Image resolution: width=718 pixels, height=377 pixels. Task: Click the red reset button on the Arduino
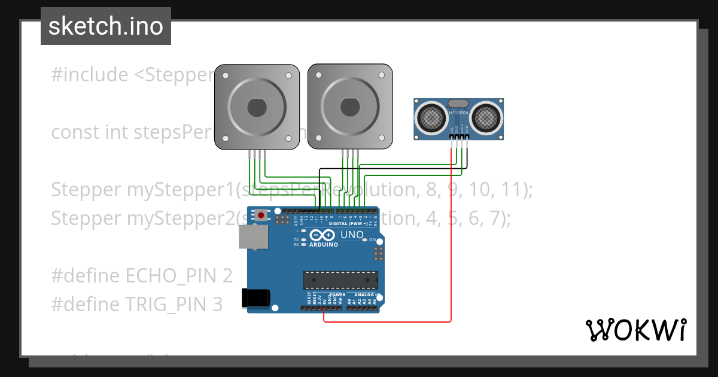pos(261,214)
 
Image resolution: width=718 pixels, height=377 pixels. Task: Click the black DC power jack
pos(255,298)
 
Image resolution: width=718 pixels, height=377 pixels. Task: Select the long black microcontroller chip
pos(340,280)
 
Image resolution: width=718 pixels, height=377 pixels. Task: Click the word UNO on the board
pos(352,235)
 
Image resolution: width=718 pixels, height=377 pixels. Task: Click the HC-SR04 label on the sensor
pos(458,113)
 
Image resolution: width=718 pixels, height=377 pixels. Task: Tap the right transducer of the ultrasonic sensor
pos(486,117)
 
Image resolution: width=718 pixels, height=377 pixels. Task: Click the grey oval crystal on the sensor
pos(458,104)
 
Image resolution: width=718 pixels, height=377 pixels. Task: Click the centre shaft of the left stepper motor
pos(257,108)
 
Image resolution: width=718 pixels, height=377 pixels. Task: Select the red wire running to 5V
pos(451,239)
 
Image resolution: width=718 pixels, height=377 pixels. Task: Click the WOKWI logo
pos(635,330)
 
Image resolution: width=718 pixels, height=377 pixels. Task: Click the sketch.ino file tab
pos(106,26)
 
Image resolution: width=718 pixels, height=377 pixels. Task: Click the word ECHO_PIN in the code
pos(173,276)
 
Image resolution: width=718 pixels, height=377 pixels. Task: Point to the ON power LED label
pos(372,240)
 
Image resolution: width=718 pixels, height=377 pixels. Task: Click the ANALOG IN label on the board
pos(366,295)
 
